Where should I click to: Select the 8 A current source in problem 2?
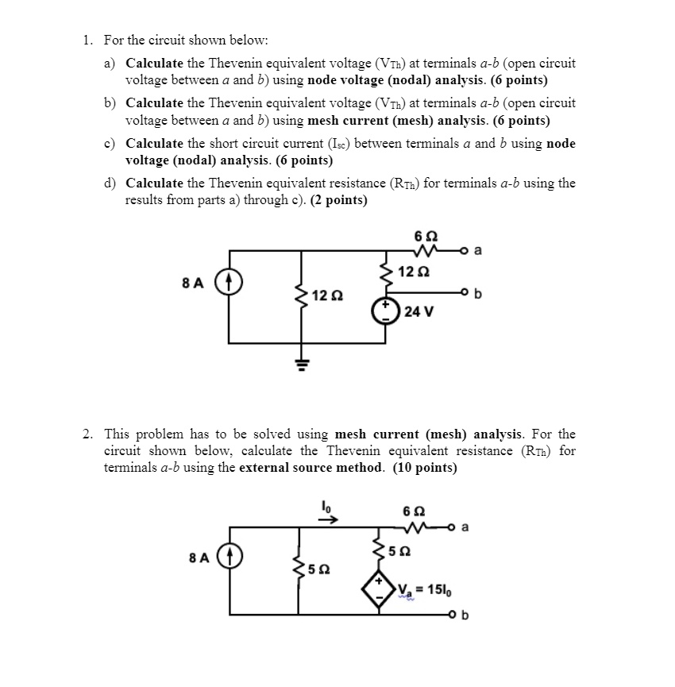coord(229,558)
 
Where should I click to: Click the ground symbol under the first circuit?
coord(301,365)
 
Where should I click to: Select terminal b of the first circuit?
coord(467,295)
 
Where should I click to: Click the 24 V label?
coord(418,311)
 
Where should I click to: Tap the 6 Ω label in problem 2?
coord(414,511)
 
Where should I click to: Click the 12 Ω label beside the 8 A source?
coord(327,295)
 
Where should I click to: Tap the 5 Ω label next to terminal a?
coord(403,550)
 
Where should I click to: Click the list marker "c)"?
coord(110,143)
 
